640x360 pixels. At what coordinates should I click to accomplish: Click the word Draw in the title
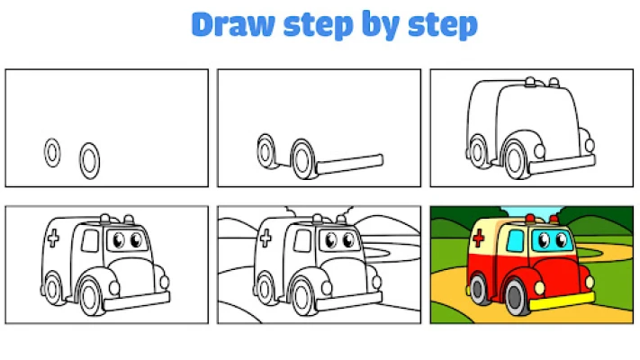[x=233, y=24]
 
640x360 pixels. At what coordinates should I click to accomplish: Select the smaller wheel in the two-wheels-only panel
[x=52, y=153]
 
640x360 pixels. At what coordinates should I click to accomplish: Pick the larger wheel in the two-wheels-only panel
[x=89, y=161]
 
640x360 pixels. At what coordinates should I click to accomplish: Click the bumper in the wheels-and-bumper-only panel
[x=350, y=164]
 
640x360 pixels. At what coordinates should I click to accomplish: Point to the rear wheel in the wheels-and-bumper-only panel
[x=266, y=151]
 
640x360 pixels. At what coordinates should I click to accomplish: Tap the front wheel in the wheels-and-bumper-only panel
[x=302, y=159]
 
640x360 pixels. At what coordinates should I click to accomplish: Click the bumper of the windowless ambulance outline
[x=562, y=165]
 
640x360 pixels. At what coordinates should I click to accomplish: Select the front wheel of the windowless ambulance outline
[x=515, y=159]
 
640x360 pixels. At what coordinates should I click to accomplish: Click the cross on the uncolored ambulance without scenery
[x=53, y=238]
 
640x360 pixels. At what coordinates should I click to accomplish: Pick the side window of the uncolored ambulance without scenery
[x=90, y=241]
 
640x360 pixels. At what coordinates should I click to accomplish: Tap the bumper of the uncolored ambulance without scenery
[x=137, y=301]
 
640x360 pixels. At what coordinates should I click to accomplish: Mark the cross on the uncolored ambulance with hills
[x=266, y=238]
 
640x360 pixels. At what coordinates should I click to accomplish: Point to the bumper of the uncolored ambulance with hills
[x=349, y=301]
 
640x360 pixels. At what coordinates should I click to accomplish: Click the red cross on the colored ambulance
[x=478, y=238]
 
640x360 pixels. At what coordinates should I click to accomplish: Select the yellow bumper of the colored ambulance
[x=562, y=301]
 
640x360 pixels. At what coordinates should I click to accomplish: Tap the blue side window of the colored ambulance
[x=515, y=241]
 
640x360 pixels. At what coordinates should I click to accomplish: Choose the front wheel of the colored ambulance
[x=516, y=297]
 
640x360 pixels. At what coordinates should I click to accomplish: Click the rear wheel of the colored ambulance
[x=478, y=289]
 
